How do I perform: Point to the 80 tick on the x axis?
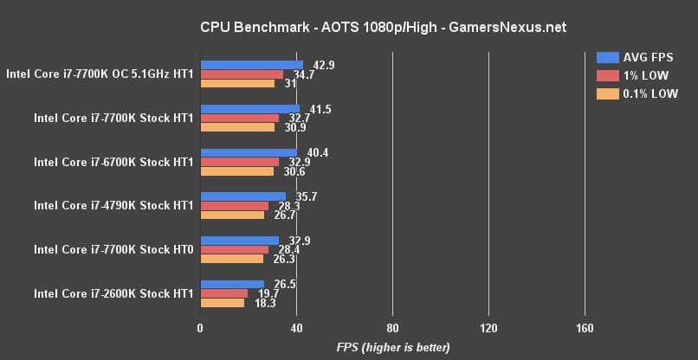[392, 329]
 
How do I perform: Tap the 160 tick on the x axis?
[585, 329]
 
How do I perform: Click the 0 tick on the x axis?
[201, 329]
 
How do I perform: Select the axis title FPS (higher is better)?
[393, 348]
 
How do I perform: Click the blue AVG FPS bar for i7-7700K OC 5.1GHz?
[252, 65]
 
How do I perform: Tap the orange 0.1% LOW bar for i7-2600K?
[223, 303]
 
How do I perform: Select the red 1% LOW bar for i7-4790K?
[235, 206]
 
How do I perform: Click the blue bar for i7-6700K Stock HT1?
[249, 153]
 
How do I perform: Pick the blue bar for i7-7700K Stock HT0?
[240, 241]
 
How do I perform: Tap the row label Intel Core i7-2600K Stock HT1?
[113, 293]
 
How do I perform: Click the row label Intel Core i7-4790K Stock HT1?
[113, 206]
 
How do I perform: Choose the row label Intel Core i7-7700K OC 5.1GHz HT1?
[100, 74]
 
